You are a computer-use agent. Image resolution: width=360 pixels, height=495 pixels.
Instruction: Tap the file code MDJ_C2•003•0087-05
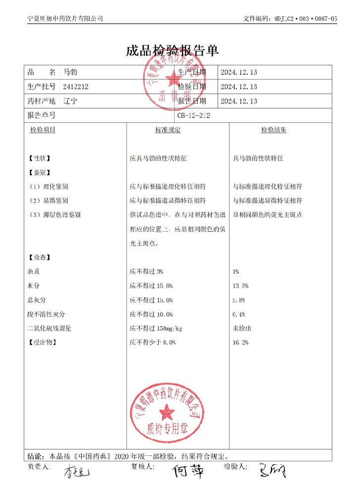(x=305, y=18)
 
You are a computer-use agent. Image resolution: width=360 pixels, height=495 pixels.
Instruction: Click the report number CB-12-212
(x=194, y=115)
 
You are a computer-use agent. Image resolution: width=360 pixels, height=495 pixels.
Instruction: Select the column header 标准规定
(x=168, y=130)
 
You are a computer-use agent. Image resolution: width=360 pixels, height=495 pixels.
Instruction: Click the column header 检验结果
(x=273, y=130)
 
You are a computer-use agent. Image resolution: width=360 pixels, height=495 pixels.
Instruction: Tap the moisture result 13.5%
(x=240, y=286)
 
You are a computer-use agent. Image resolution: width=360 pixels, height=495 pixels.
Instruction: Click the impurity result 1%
(x=236, y=272)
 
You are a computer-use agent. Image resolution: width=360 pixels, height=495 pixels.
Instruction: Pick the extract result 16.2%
(x=240, y=343)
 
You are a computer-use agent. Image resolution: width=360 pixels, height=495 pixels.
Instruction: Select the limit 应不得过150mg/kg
(x=156, y=329)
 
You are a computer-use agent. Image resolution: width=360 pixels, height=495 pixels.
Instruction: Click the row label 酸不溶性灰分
(x=46, y=314)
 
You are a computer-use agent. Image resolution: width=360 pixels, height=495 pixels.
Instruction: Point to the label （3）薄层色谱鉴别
(x=54, y=215)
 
